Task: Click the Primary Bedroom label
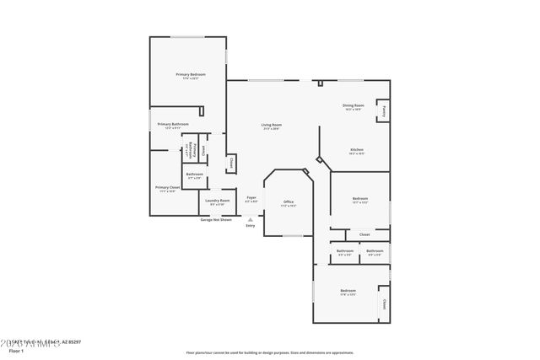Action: click(191, 74)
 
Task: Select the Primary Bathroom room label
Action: click(172, 124)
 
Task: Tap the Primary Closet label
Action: click(167, 187)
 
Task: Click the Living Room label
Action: click(271, 124)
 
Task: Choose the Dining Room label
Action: click(352, 105)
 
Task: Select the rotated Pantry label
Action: click(384, 110)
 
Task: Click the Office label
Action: click(288, 201)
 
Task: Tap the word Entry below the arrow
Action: click(250, 226)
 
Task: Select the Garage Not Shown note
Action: click(217, 219)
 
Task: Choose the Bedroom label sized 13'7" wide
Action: click(359, 198)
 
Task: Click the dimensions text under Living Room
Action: click(271, 128)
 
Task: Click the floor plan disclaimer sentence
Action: click(269, 352)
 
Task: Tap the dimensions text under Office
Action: click(288, 206)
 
